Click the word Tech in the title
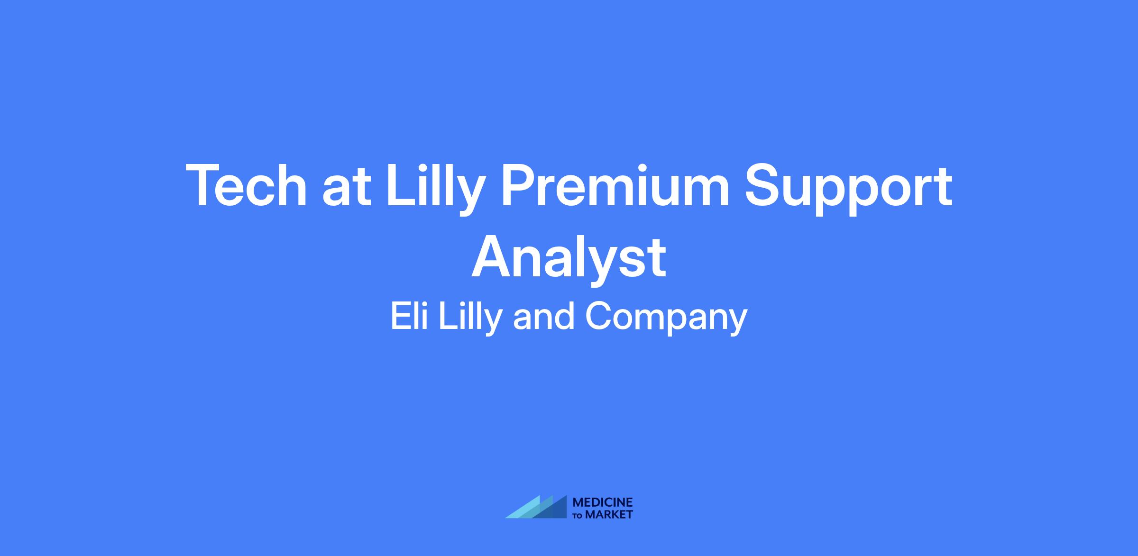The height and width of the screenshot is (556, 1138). pyautogui.click(x=247, y=185)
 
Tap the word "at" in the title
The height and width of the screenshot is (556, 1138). pyautogui.click(x=347, y=189)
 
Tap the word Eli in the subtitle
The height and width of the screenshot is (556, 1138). pyautogui.click(x=409, y=316)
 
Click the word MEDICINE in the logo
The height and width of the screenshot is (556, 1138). pyautogui.click(x=603, y=502)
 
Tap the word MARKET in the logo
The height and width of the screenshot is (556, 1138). pyautogui.click(x=609, y=515)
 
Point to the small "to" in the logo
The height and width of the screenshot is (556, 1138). pyautogui.click(x=578, y=516)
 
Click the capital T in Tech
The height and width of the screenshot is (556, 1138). pyautogui.click(x=206, y=185)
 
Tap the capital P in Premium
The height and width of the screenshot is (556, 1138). pyautogui.click(x=520, y=185)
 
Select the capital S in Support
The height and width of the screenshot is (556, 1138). pyautogui.click(x=764, y=185)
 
